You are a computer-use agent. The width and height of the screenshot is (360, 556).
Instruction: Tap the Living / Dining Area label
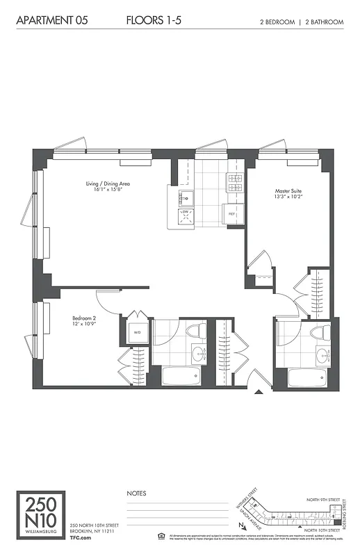[x=108, y=187]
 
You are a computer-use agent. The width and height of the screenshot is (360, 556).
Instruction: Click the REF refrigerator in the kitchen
[x=232, y=215]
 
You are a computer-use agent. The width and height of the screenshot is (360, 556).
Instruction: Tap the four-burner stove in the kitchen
[x=234, y=183]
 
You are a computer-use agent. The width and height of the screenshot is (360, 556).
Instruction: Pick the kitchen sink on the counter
[x=186, y=197]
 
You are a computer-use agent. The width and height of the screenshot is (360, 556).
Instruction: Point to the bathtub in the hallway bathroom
[x=181, y=377]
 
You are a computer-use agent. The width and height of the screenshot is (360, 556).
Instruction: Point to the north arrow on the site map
[x=240, y=525]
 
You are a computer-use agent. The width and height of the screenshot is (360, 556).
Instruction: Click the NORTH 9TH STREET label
[x=324, y=499]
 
